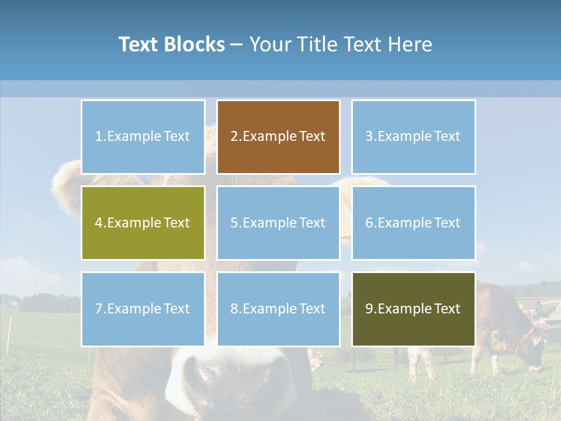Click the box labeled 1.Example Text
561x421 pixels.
pos(143,137)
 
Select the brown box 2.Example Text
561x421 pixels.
pos(278,137)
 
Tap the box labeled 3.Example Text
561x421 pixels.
pos(413,137)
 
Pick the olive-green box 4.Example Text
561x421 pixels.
pos(143,223)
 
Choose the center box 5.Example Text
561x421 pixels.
pos(278,223)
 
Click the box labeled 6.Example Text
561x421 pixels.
pos(413,223)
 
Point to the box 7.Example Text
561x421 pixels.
pos(143,309)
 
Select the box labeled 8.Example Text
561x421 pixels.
pos(278,309)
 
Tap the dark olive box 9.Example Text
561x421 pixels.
pos(413,309)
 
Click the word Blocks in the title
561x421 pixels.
pos(194,44)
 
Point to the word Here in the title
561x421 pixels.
pos(408,44)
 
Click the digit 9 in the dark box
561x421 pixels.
pos(369,309)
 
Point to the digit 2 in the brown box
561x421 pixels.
pos(234,137)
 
